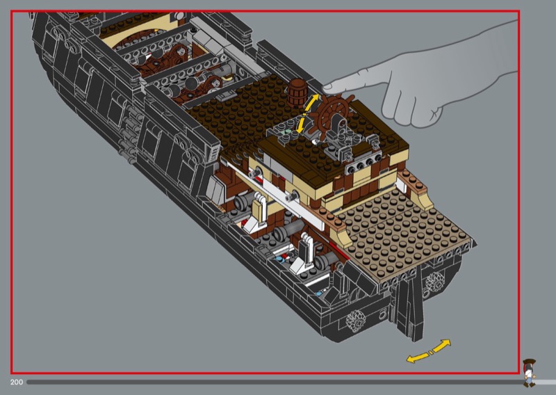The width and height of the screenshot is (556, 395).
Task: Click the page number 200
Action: [16, 382]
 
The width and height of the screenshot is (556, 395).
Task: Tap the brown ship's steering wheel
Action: [334, 115]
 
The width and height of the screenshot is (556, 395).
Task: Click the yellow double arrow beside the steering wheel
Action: [307, 113]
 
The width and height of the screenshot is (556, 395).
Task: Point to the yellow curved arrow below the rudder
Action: [428, 352]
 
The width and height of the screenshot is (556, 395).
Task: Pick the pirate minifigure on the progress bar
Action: [530, 373]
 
